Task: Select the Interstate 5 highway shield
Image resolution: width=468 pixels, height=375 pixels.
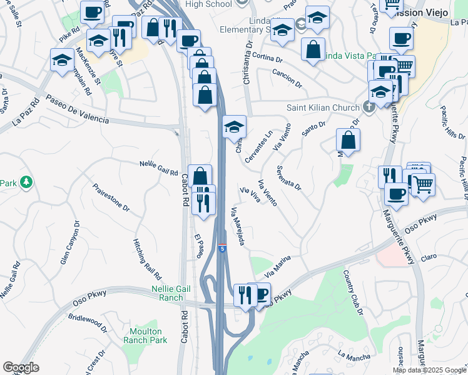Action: coord(222,248)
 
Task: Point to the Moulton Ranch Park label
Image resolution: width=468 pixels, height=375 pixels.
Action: coord(145,336)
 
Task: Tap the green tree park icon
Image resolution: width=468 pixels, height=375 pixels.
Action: coord(26,182)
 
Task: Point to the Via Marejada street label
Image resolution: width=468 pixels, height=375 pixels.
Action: coord(242,226)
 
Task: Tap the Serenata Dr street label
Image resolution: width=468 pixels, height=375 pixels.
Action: coord(289,178)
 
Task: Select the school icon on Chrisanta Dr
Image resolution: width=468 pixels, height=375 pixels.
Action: coord(234,127)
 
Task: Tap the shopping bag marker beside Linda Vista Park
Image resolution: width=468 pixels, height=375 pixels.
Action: coord(313,49)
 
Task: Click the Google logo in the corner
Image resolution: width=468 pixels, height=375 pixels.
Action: coord(21,368)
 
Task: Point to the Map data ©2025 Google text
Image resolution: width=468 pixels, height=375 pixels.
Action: coord(429,370)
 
